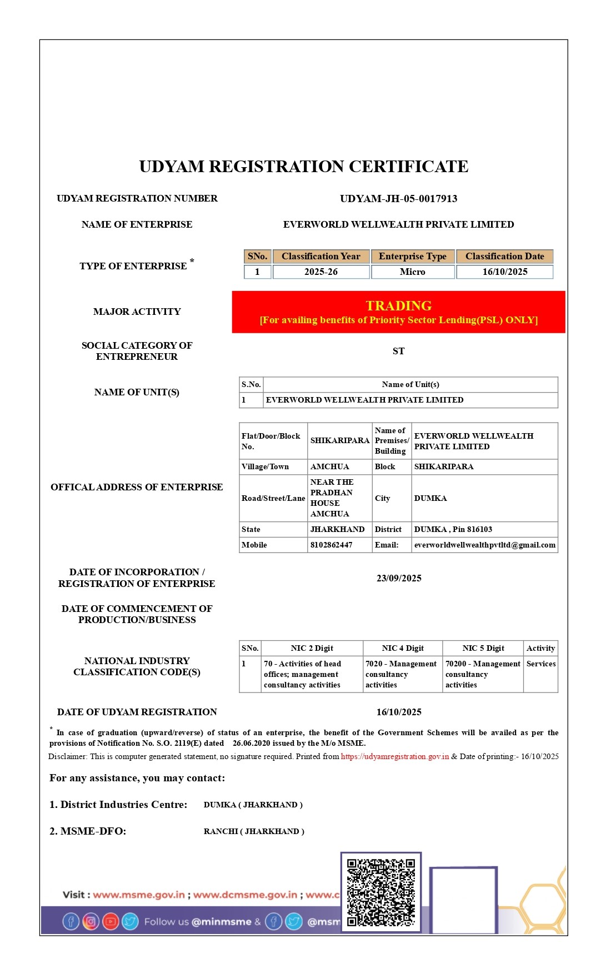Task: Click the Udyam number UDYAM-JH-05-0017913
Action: (398, 199)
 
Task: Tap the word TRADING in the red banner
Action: (398, 305)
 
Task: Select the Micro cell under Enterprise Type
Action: (412, 272)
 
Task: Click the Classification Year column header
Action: (320, 256)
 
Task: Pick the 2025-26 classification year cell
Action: (320, 272)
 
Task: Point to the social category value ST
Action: (398, 351)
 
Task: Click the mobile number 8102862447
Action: (331, 545)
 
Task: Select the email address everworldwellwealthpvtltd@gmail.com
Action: (484, 545)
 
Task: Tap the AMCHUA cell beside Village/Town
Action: (329, 466)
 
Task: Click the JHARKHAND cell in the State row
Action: (337, 529)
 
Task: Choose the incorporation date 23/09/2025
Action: (399, 578)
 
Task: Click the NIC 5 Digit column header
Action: (483, 648)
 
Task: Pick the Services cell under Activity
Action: (540, 664)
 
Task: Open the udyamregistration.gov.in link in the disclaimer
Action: (394, 756)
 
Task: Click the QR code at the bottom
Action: (380, 892)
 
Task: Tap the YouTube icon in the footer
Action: (111, 922)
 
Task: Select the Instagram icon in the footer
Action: (91, 922)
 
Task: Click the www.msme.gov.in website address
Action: (138, 895)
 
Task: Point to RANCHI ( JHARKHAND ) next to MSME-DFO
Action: (254, 831)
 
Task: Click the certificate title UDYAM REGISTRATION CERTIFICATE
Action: (303, 167)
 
